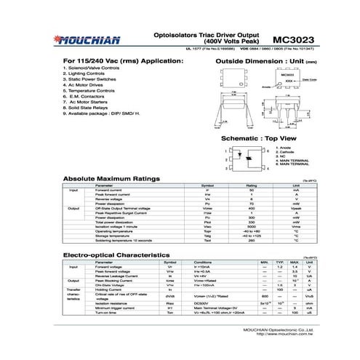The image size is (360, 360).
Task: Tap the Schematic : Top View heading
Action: (x=258, y=137)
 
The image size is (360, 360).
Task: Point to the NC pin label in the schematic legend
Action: (x=283, y=156)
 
